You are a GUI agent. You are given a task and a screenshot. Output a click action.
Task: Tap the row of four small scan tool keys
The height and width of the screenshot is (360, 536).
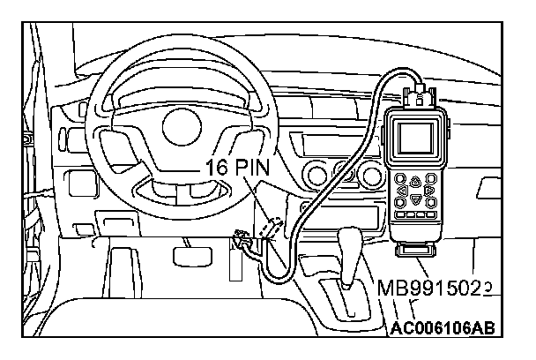click(416, 215)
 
